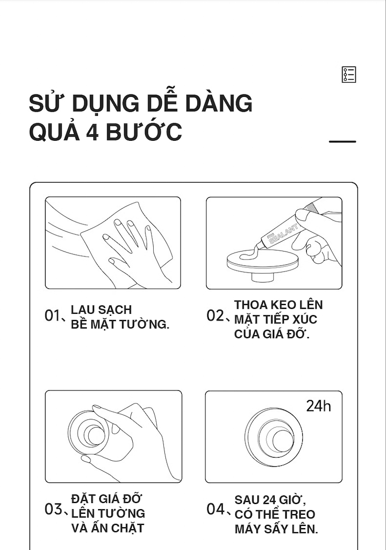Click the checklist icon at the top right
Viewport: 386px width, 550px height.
click(x=349, y=74)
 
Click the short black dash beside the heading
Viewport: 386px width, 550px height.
click(x=343, y=141)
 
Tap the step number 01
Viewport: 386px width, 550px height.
click(x=53, y=316)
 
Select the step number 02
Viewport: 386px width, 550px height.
click(x=215, y=316)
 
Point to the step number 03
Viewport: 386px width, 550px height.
click(x=53, y=509)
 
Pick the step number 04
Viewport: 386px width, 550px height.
click(x=215, y=509)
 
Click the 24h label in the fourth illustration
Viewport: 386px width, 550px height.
click(x=319, y=406)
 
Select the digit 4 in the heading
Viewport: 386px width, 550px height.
click(x=92, y=132)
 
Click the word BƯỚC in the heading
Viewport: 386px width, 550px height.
click(x=144, y=131)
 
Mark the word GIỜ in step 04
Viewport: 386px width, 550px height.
click(x=294, y=499)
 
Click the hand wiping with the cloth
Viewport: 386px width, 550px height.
click(x=130, y=245)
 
